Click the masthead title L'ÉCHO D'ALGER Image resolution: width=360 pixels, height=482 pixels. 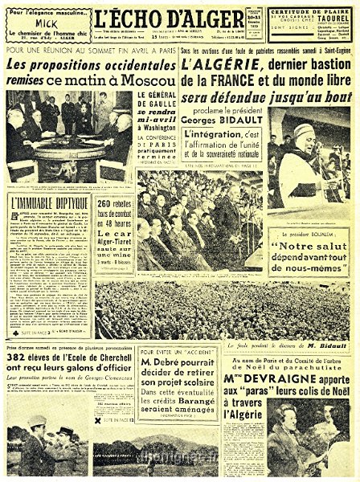click(x=179, y=17)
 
